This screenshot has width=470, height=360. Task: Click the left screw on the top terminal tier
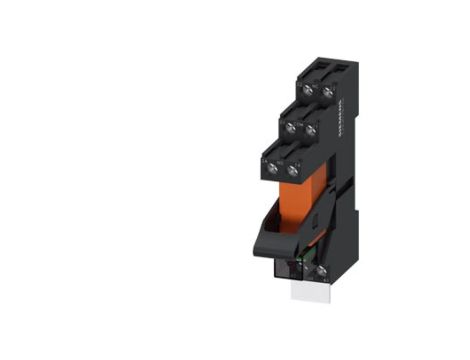tap(308, 90)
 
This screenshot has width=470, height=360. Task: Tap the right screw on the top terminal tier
tap(327, 90)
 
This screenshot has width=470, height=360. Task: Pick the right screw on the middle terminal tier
tap(311, 129)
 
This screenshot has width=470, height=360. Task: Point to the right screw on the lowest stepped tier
tap(293, 169)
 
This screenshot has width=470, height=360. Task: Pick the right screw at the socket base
tap(322, 270)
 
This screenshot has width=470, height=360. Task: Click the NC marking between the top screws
tap(318, 83)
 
